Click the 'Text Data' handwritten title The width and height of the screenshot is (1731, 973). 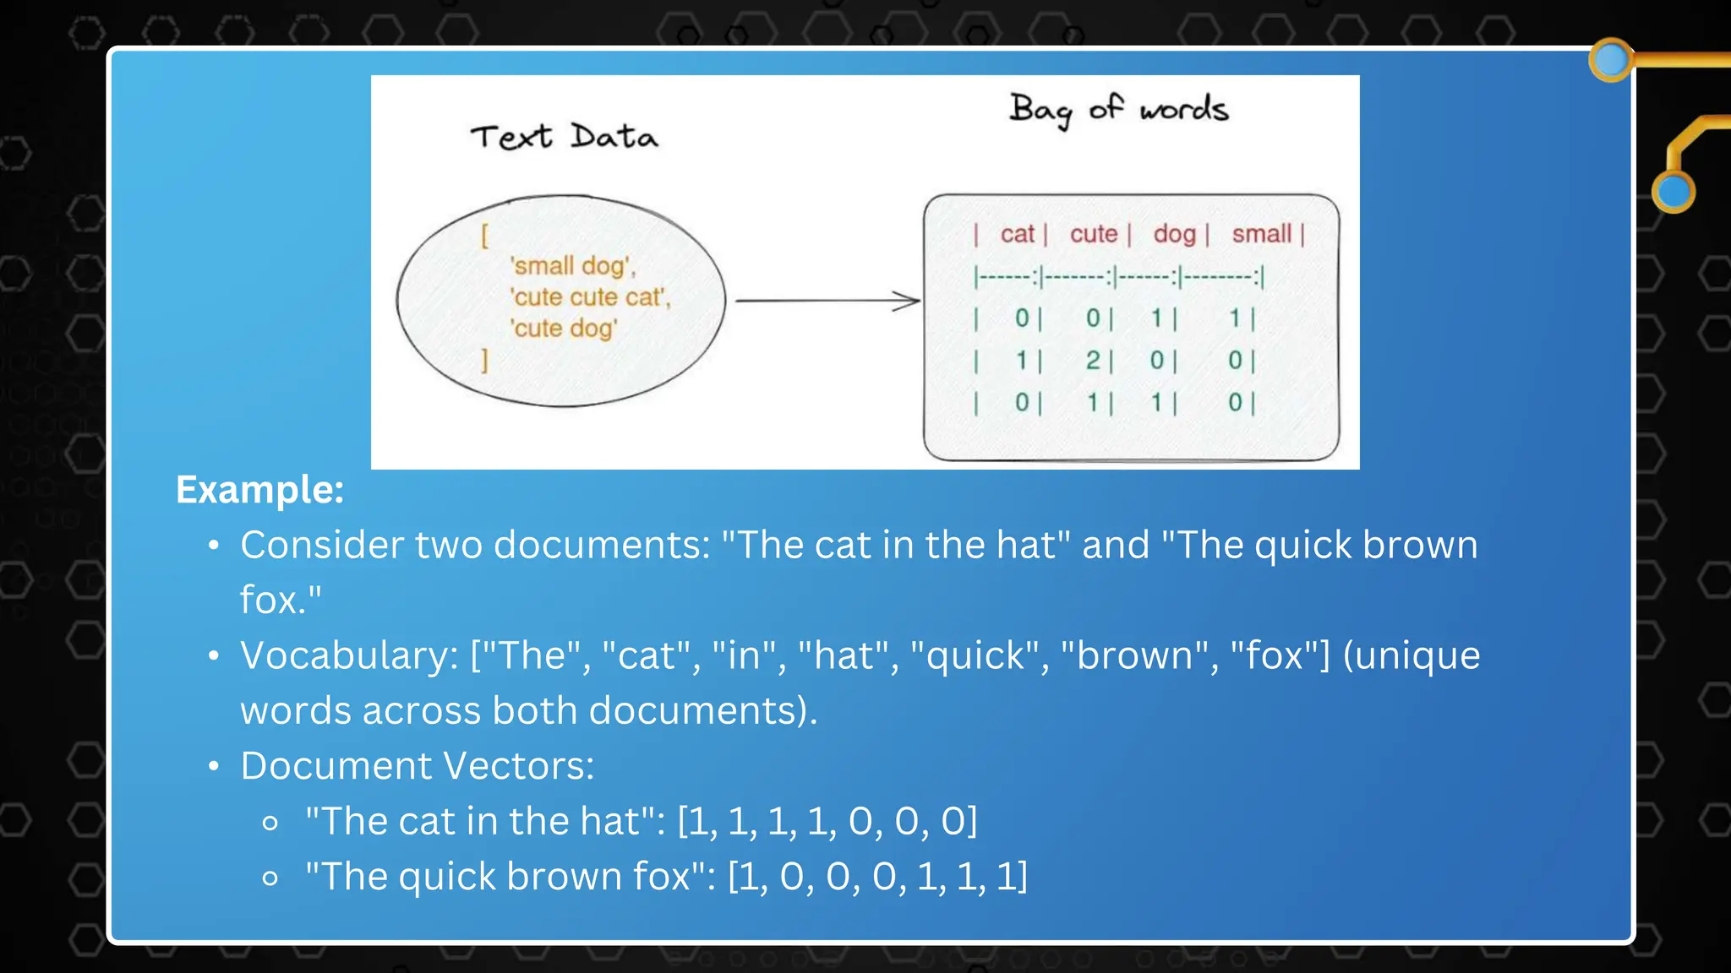(564, 137)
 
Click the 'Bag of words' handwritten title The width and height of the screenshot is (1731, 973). (1118, 110)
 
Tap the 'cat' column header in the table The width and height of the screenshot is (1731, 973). (1017, 234)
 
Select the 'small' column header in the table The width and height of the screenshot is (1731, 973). (1261, 234)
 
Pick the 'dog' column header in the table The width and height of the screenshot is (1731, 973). (1174, 234)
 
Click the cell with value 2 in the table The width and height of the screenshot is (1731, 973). (1093, 361)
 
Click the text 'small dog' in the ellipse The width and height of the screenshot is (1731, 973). (572, 266)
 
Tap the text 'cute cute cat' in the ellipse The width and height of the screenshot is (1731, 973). (590, 297)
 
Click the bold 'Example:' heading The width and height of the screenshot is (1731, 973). (259, 490)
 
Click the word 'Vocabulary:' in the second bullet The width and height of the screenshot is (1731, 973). (349, 656)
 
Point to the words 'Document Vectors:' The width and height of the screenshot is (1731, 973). (418, 766)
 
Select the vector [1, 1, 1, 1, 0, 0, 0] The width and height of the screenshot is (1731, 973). (827, 821)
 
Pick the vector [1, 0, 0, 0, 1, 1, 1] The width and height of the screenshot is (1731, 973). (877, 877)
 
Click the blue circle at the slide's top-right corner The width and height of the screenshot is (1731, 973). (1610, 60)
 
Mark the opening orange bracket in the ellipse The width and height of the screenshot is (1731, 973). (484, 236)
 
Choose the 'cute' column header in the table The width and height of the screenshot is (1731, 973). (1093, 234)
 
